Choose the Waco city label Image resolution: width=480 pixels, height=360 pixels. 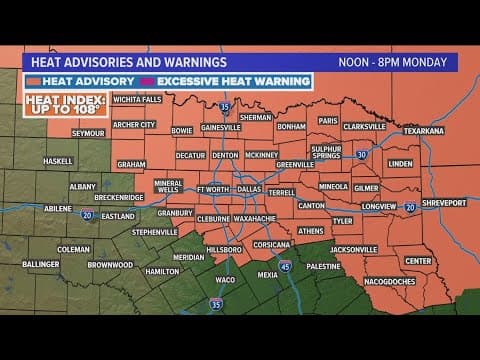point(226,279)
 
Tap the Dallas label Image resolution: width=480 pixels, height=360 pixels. point(249,188)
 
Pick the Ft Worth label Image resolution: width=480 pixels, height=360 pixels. point(213,188)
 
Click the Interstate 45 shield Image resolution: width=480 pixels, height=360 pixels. point(284,265)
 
